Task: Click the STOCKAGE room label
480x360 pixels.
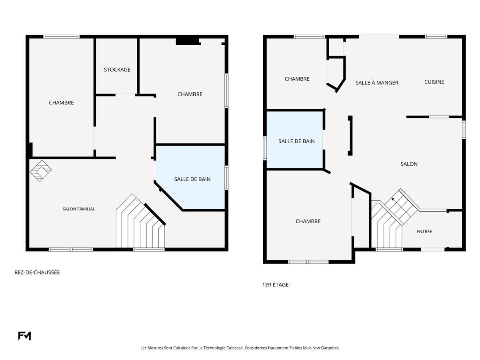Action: click(x=117, y=70)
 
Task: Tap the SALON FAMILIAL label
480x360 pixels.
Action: click(x=79, y=209)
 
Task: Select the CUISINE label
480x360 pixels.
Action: click(x=434, y=82)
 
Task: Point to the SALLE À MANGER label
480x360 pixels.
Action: click(x=377, y=83)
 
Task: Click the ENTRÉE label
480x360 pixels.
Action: click(x=424, y=232)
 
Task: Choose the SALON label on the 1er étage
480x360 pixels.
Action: click(x=409, y=164)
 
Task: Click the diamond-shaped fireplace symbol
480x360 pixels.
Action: click(x=41, y=171)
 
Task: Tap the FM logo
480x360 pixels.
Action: click(x=24, y=336)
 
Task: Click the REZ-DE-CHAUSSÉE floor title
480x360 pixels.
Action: click(x=37, y=272)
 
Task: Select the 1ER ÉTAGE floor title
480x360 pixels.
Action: click(x=276, y=284)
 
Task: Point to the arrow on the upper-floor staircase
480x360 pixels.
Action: click(x=393, y=199)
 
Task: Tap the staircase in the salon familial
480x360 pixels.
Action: click(x=140, y=221)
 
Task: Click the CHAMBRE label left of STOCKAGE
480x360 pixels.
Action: click(x=61, y=103)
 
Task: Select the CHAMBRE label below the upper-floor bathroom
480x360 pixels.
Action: click(x=308, y=222)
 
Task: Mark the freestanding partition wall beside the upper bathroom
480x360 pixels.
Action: click(x=350, y=136)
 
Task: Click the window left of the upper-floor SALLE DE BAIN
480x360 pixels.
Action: click(x=265, y=148)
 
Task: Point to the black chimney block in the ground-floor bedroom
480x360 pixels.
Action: click(x=188, y=42)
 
